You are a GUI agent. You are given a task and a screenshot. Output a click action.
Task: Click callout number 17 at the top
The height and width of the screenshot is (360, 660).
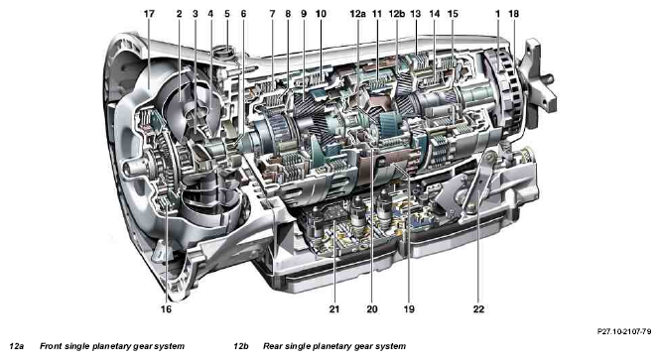click(x=149, y=14)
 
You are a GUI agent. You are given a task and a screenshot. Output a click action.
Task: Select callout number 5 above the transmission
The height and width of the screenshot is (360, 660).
click(x=227, y=14)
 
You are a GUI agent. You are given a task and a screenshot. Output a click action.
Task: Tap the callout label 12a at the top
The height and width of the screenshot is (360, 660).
click(x=357, y=14)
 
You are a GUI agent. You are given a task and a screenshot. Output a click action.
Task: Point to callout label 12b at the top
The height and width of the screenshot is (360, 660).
click(x=397, y=14)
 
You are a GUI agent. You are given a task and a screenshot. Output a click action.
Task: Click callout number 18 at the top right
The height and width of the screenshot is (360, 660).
click(x=513, y=14)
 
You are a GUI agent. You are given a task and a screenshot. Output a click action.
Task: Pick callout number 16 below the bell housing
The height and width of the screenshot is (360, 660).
click(x=167, y=309)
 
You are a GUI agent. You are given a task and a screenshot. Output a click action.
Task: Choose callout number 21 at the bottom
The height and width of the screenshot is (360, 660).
click(x=334, y=309)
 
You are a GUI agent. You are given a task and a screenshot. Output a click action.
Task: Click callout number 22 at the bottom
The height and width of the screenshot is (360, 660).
click(x=478, y=309)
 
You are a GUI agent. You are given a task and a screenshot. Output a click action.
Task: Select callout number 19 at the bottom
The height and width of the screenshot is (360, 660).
click(x=409, y=309)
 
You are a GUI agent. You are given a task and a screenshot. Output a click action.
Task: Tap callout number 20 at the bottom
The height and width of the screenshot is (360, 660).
click(x=372, y=309)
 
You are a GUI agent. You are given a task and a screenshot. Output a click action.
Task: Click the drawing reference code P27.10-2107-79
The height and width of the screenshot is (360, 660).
click(x=624, y=332)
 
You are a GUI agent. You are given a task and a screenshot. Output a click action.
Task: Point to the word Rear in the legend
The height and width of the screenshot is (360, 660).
click(x=273, y=346)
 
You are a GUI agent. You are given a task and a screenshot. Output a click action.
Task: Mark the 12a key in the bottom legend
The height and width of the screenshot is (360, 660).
click(x=17, y=346)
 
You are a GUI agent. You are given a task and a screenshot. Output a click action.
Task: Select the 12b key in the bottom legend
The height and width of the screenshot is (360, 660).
click(x=241, y=346)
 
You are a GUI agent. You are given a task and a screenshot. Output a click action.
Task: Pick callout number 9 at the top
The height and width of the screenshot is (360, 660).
click(x=304, y=14)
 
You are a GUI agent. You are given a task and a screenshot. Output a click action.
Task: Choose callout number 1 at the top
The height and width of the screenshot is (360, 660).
click(x=497, y=14)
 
